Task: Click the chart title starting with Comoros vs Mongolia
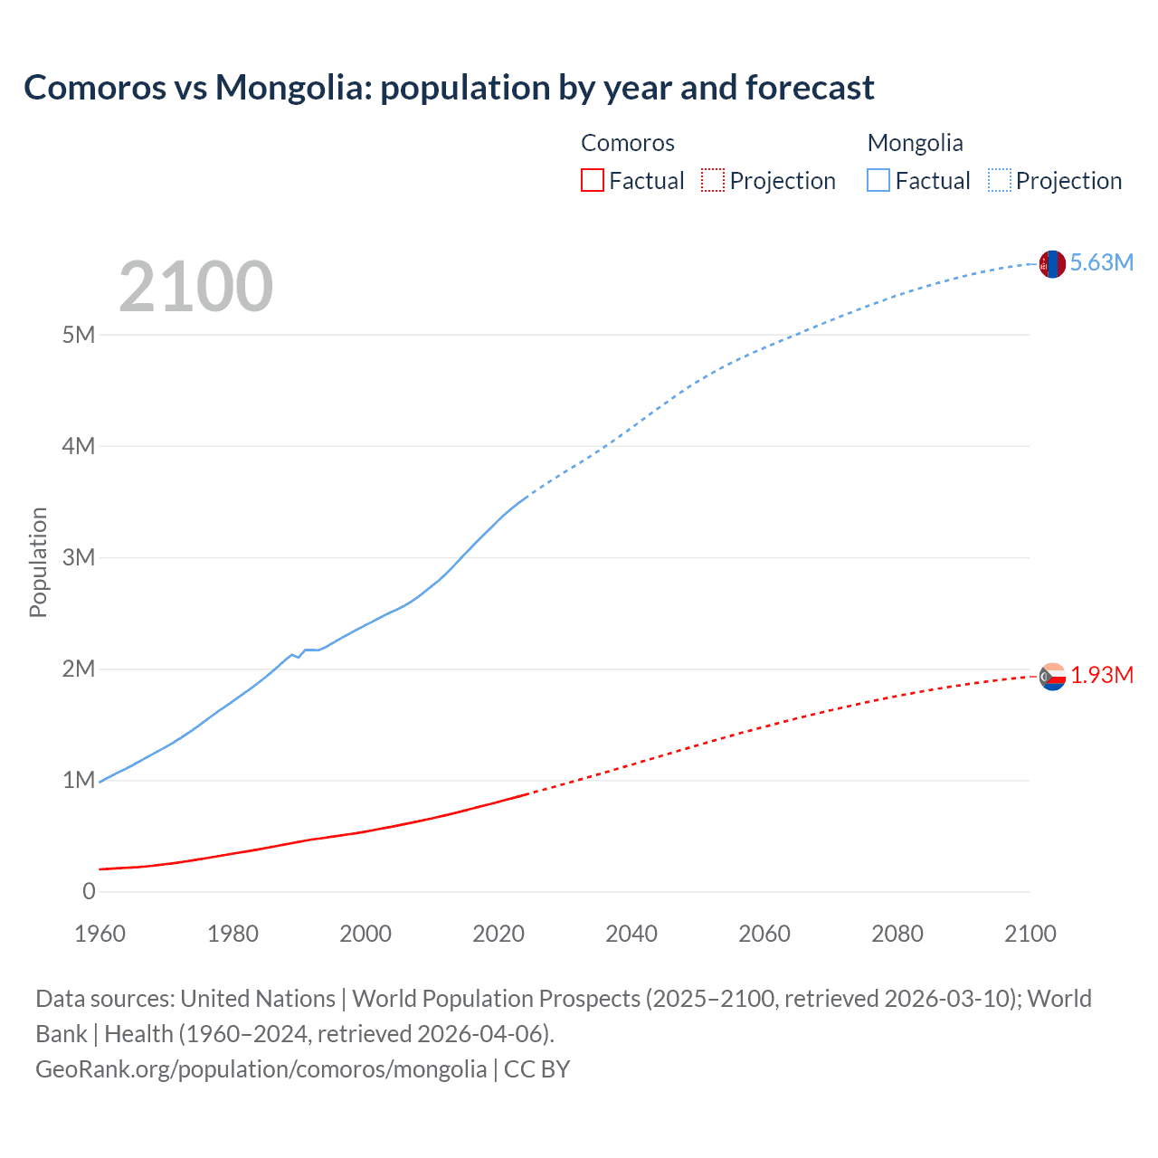449,88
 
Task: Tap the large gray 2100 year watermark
195,287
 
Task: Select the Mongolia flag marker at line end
1051,263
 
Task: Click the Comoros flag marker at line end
1051,676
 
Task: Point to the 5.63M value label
1101,262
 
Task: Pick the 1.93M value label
1102,676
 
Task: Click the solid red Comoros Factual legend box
592,181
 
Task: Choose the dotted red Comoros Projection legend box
713,181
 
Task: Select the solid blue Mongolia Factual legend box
878,181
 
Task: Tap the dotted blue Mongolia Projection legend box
1000,181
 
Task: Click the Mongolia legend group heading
915,143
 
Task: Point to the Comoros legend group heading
627,143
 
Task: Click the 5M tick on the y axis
79,335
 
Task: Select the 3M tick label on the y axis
79,557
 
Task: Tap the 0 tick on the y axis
89,891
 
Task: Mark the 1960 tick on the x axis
100,934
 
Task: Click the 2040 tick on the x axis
631,934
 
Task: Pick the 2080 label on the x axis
897,934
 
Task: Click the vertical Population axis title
38,562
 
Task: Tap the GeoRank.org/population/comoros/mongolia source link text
261,1069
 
